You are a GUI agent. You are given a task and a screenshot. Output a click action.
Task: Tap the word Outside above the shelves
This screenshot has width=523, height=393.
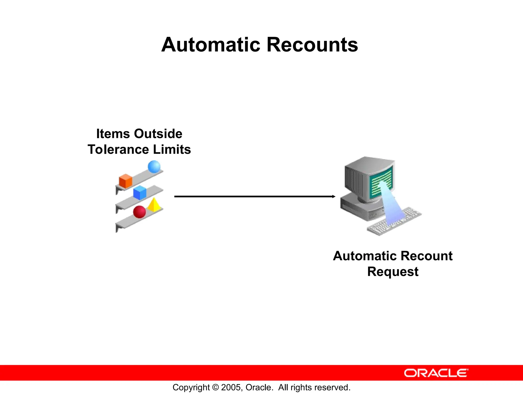pyautogui.click(x=158, y=134)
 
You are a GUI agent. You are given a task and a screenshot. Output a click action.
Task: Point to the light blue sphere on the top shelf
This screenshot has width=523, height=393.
pyautogui.click(x=154, y=167)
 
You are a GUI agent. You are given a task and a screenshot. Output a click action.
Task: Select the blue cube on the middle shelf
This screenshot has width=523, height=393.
pyautogui.click(x=140, y=193)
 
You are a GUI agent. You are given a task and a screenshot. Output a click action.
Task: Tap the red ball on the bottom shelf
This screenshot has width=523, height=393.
pyautogui.click(x=139, y=212)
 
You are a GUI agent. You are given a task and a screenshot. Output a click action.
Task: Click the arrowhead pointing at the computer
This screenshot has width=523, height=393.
pyautogui.click(x=334, y=196)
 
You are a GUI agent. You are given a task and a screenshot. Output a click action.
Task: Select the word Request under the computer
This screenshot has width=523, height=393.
pyautogui.click(x=393, y=272)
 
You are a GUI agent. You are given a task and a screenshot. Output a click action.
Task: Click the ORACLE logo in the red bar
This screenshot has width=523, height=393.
pyautogui.click(x=436, y=373)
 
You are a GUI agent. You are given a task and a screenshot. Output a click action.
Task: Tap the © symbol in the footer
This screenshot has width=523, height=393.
pyautogui.click(x=216, y=387)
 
